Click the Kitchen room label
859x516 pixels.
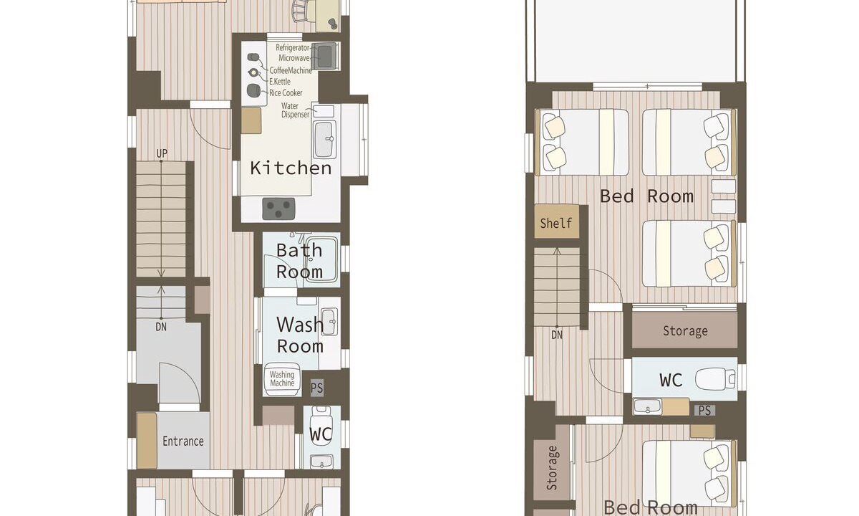tap(291, 168)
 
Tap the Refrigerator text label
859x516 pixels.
tap(293, 47)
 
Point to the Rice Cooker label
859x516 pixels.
tap(286, 93)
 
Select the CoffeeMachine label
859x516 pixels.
tap(291, 70)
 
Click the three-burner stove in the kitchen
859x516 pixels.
tap(278, 209)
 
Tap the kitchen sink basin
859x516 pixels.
tap(324, 139)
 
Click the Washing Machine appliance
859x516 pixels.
tap(281, 379)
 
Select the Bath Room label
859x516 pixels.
tap(299, 261)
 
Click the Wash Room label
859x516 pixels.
tap(300, 335)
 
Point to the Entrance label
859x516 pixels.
tap(183, 441)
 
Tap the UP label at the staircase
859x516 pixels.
tap(162, 153)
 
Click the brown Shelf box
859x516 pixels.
tap(557, 221)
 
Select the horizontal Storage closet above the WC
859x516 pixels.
tap(684, 330)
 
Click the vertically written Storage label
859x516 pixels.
tap(551, 468)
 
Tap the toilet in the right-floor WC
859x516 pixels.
tap(715, 379)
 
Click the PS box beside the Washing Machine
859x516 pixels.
tap(317, 388)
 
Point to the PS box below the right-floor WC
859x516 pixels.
tap(705, 411)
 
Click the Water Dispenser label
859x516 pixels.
tap(295, 110)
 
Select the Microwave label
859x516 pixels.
tap(293, 58)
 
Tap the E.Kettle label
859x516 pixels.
tap(280, 82)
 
